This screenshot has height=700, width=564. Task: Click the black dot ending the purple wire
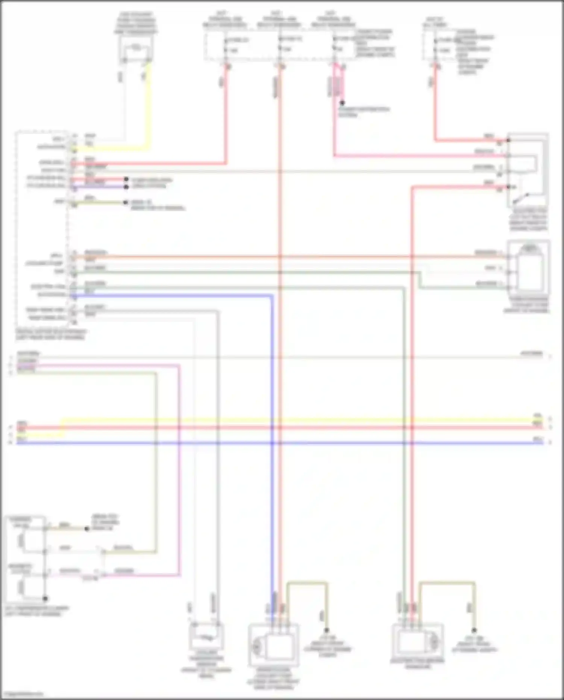click(126, 186)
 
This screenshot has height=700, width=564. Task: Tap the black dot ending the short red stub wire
click(126, 179)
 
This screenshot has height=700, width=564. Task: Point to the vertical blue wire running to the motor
click(272, 451)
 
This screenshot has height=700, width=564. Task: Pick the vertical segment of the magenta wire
click(179, 470)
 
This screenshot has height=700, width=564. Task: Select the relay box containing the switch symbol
click(527, 169)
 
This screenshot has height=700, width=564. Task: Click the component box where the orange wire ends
click(528, 268)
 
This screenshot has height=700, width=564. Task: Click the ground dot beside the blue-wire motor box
click(326, 630)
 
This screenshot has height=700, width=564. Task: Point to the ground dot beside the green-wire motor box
click(474, 630)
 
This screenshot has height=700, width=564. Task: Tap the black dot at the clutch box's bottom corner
click(45, 598)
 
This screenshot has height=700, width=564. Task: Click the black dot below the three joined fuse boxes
click(342, 102)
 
